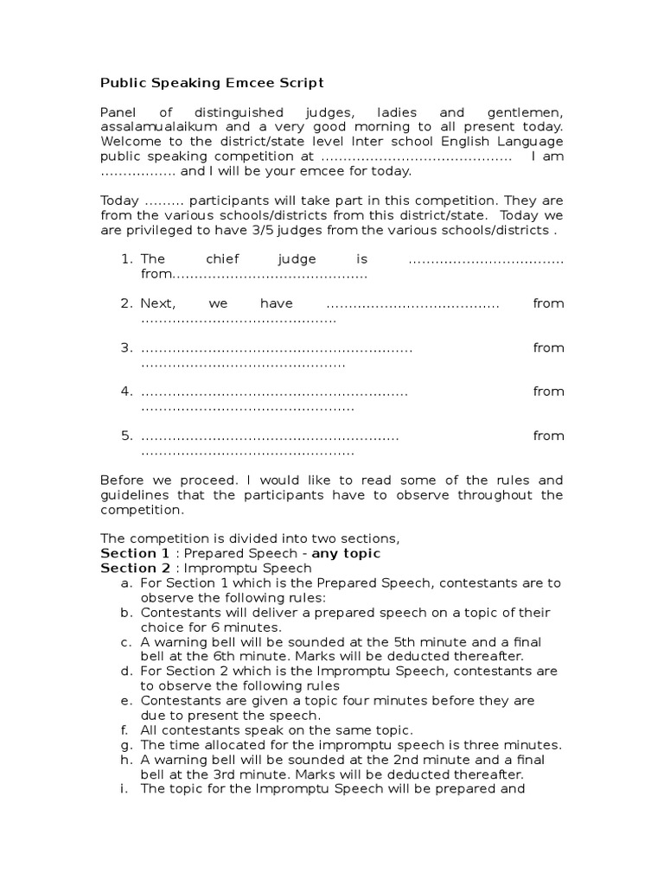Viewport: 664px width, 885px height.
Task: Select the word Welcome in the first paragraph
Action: [x=128, y=141]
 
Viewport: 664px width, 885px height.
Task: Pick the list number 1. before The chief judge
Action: [x=126, y=258]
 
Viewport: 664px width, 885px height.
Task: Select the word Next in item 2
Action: [x=158, y=303]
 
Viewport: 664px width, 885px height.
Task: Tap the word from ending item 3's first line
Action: [x=548, y=347]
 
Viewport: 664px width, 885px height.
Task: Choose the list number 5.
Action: [x=126, y=436]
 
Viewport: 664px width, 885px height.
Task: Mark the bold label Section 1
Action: [x=135, y=553]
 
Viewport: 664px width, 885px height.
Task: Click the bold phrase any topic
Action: [x=346, y=553]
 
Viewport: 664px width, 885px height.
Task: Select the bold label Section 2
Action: [x=135, y=568]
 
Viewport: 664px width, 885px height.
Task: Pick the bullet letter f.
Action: [x=126, y=729]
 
